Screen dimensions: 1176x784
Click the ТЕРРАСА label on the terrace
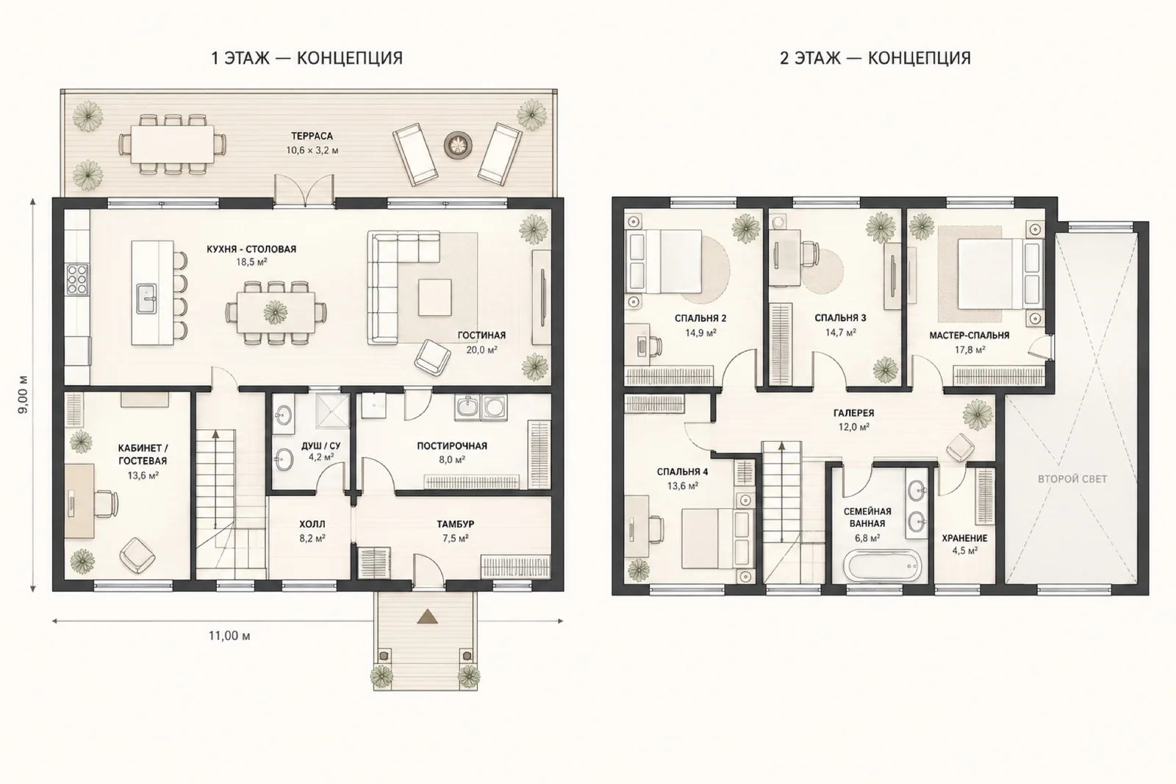click(312, 137)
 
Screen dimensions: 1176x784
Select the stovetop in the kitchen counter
click(77, 280)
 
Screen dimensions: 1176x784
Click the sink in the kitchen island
click(146, 298)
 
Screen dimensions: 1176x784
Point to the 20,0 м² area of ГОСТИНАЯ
click(481, 350)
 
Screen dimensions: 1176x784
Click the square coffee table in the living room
click(434, 297)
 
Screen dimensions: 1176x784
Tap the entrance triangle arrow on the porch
click(427, 616)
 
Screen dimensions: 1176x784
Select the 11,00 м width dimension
click(229, 636)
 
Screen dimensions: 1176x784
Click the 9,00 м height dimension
click(23, 395)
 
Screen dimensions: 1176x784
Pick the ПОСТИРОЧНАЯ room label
click(452, 446)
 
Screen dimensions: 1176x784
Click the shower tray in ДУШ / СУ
click(331, 412)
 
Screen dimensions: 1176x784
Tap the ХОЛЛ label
click(312, 524)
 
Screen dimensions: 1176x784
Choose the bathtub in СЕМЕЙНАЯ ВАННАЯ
click(882, 565)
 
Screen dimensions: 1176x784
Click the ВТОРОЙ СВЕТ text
click(1072, 478)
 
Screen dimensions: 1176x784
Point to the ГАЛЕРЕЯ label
click(853, 414)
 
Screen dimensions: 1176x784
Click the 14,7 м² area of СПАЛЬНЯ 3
click(841, 333)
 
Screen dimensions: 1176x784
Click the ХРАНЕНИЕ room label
click(964, 539)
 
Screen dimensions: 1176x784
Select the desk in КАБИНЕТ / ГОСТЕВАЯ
click(80, 500)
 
